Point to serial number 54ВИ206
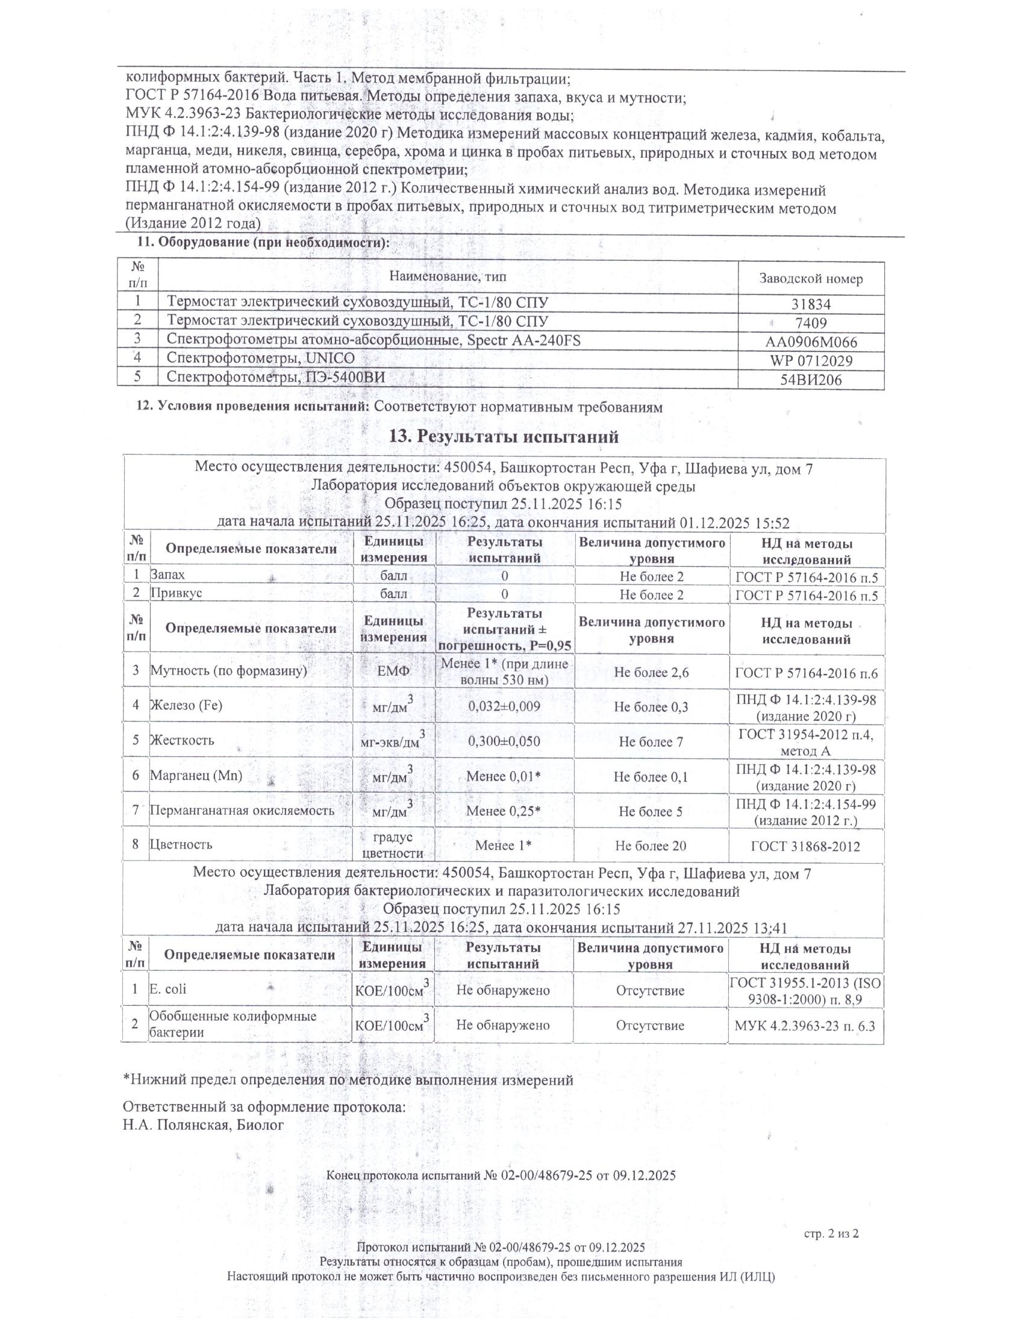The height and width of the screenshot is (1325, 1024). pyautogui.click(x=810, y=381)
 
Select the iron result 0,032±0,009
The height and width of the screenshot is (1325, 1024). pyautogui.click(x=504, y=706)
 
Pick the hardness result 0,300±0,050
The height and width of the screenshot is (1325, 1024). pyautogui.click(x=504, y=741)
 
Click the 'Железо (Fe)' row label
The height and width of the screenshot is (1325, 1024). pyautogui.click(x=187, y=705)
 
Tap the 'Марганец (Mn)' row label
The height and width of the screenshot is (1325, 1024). pyautogui.click(x=196, y=775)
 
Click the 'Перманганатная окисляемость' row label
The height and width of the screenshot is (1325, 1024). pyautogui.click(x=242, y=810)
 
